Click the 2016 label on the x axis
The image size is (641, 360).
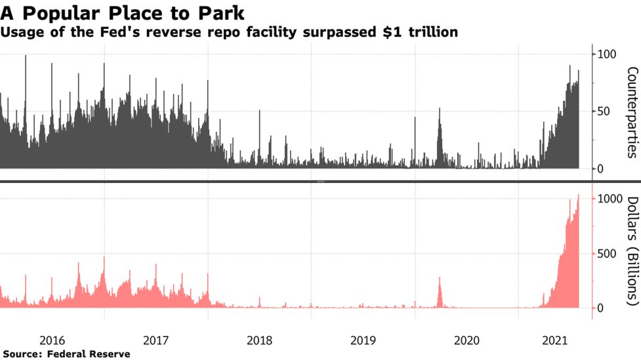pos(52,340)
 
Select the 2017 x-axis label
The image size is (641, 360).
pos(155,340)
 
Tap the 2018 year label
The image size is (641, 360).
pos(260,340)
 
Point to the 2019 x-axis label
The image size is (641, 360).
pos(363,340)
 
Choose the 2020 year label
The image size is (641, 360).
pos(466,340)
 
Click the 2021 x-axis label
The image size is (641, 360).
pos(555,340)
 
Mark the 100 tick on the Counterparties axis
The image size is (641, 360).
pos(607,54)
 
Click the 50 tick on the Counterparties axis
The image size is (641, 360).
pos(604,111)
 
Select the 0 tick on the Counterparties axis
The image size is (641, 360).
pos(600,169)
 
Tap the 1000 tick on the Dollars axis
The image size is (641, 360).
pos(610,199)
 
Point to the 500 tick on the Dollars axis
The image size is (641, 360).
pos(607,254)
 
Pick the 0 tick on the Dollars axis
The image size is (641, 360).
pos(600,308)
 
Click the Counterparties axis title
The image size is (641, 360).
pos(632,112)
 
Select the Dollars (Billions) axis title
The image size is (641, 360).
pos(632,251)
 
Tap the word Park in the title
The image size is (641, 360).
pos(221,14)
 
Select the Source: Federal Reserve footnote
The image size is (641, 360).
pos(67,354)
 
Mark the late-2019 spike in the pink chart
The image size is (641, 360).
pos(440,292)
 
